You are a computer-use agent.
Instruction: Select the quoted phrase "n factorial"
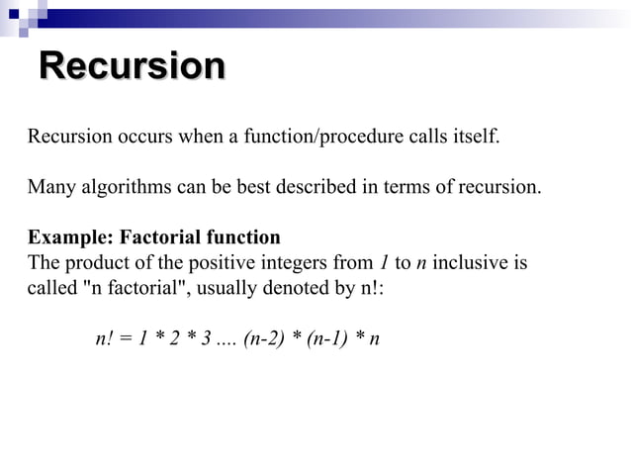[x=129, y=290]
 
